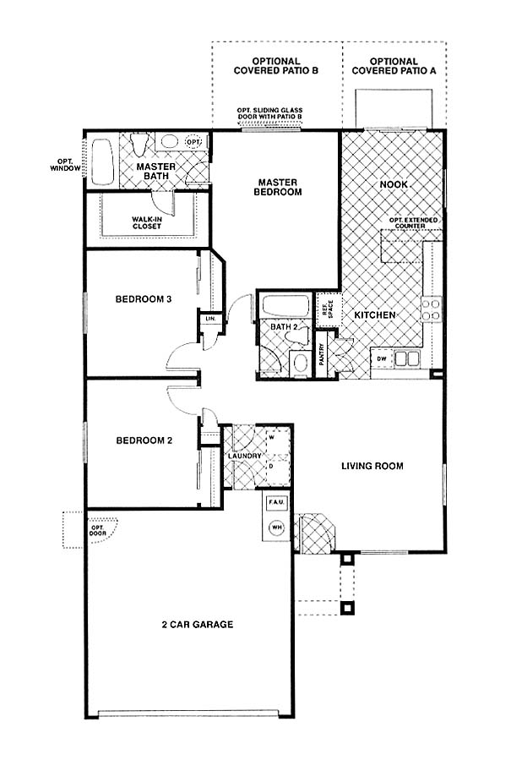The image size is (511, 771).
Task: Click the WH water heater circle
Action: coord(277,528)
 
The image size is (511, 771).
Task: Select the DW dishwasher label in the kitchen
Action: coord(382,359)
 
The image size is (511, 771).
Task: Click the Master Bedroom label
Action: coord(278,188)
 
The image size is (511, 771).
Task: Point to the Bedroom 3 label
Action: coord(144,299)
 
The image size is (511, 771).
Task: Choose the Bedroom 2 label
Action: coord(144,440)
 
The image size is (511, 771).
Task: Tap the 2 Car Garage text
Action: coord(198,625)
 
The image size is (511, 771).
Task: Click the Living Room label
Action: coord(372,466)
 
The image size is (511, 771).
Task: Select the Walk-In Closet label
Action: coord(146,222)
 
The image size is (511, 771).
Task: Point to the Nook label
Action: coord(394,184)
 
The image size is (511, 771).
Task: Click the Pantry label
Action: coord(322,354)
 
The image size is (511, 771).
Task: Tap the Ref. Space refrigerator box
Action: coord(328,309)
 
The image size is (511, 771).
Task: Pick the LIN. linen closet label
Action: coord(210,319)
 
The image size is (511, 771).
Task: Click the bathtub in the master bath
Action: coord(102,161)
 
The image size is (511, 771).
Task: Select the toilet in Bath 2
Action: coord(298,336)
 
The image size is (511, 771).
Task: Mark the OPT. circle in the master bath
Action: coord(193,142)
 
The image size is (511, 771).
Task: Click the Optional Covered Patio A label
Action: coord(394,66)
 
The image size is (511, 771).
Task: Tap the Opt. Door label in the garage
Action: coord(97,530)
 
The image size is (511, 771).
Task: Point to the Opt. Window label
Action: coord(65,165)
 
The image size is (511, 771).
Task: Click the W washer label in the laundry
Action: coord(271,436)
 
